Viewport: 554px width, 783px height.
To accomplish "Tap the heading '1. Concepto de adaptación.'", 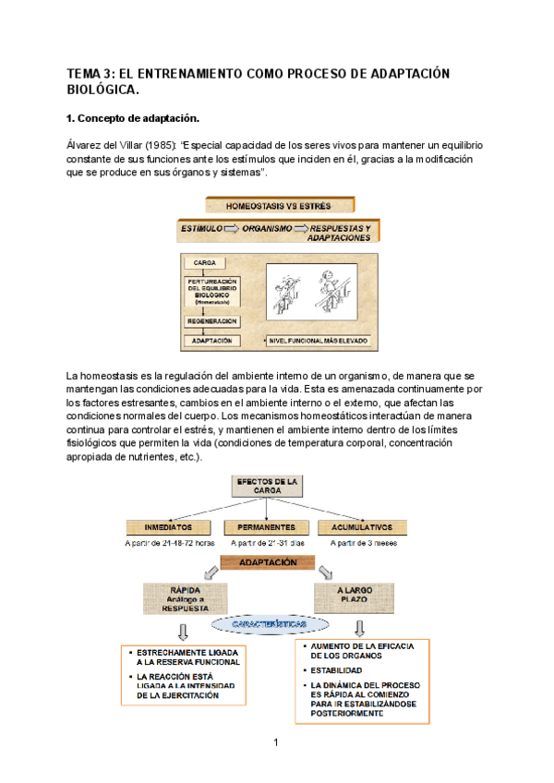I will tap(133, 119).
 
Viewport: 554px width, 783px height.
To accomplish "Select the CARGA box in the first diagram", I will tap(205, 262).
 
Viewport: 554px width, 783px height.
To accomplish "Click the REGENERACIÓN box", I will tap(212, 320).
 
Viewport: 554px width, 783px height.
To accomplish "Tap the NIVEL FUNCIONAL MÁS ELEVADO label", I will tap(319, 340).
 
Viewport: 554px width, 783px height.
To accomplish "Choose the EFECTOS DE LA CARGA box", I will tap(267, 487).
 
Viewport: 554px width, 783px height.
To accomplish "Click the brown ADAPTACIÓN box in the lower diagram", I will tap(268, 562).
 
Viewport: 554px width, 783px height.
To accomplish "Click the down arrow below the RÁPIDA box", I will tap(183, 631).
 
